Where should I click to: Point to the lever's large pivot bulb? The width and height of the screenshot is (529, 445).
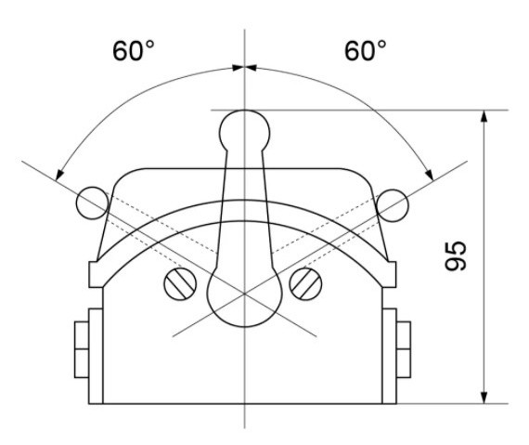coord(244,294)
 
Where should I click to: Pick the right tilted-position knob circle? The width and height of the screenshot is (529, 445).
coord(394,202)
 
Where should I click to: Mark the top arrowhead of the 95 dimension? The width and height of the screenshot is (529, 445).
coord(484,117)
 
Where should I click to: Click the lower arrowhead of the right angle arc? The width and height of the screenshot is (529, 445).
coord(429,174)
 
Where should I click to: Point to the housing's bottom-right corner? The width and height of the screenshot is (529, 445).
coord(385,403)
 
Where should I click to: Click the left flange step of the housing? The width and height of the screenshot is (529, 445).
coord(94,274)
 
